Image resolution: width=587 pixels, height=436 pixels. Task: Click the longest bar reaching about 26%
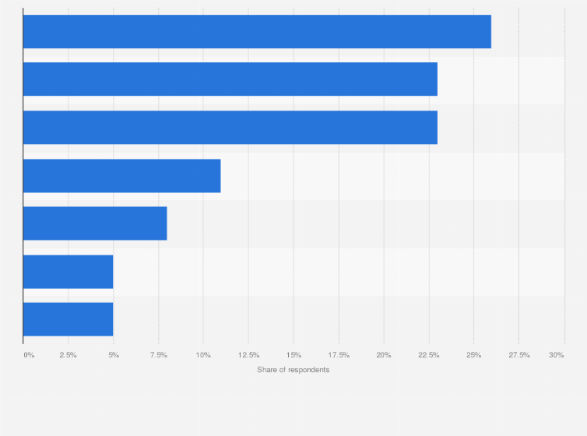tap(257, 32)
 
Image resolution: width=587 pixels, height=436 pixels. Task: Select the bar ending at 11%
tap(121, 176)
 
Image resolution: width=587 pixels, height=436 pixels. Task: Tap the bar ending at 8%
tap(95, 223)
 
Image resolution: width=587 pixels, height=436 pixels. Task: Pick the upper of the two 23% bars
tap(230, 79)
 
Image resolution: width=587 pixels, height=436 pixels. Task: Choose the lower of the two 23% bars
tap(230, 128)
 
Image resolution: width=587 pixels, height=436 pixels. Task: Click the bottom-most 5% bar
tap(68, 319)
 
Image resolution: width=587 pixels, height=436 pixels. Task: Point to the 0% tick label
tap(29, 355)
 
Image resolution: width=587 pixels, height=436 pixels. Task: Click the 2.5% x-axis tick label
tap(68, 355)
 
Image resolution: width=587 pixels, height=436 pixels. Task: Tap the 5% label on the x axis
tap(113, 355)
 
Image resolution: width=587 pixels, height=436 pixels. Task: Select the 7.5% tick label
tap(158, 355)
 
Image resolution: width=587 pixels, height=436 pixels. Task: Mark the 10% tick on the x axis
tap(203, 355)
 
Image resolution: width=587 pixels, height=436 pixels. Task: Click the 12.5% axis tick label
tap(248, 355)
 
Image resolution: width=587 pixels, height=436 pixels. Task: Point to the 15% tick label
tap(293, 355)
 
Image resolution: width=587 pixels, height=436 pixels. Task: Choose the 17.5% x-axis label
tap(339, 355)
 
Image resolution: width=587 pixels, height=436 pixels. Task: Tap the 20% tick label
tap(384, 355)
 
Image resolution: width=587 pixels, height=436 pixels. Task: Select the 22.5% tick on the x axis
tap(429, 355)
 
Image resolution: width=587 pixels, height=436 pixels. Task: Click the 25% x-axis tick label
tap(473, 355)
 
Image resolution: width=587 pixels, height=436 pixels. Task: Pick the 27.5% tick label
tap(518, 355)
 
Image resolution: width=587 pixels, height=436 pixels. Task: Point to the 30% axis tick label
tap(556, 355)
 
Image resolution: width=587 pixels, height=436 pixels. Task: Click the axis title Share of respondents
tap(293, 370)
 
